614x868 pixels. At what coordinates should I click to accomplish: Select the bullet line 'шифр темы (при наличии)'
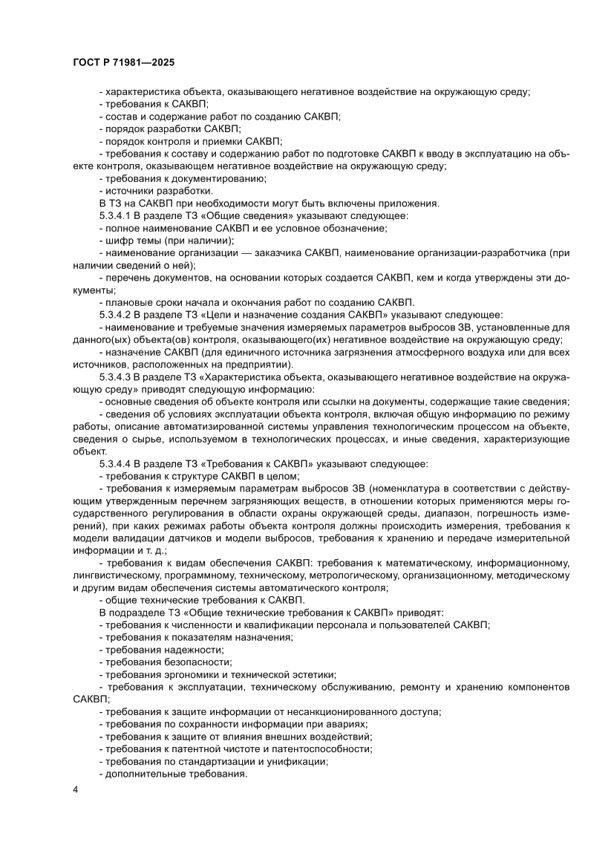(x=166, y=241)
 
